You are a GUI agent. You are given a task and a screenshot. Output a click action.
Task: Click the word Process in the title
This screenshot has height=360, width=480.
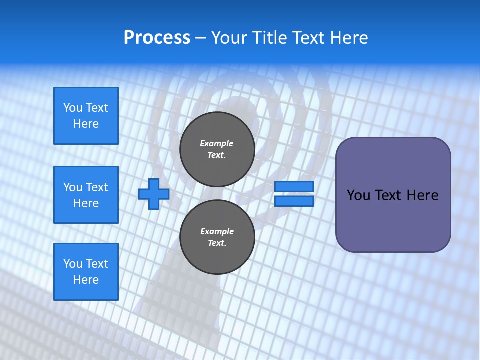point(157,38)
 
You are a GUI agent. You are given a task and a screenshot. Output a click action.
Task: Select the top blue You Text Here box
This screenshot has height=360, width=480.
point(86,116)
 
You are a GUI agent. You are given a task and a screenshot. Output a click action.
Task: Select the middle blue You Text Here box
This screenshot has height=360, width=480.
point(86,195)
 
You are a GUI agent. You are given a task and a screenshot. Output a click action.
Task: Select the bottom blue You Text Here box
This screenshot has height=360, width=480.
point(86,272)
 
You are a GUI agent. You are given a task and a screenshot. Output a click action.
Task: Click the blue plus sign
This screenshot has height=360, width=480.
point(154,194)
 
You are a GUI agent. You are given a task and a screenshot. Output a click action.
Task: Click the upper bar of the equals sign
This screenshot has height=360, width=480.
point(294,186)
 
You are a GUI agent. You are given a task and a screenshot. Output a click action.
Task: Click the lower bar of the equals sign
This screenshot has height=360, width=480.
point(294,201)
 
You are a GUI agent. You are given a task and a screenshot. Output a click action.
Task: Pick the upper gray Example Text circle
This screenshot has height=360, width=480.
point(217,149)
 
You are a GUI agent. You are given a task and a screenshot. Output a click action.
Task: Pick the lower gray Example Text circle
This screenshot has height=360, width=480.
point(217,237)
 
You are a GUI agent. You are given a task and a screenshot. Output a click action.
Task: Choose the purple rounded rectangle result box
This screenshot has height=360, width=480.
point(393,195)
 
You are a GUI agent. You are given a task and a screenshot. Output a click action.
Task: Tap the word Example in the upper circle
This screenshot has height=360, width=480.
point(217,143)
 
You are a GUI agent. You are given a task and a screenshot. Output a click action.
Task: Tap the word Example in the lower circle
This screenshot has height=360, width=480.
point(217,231)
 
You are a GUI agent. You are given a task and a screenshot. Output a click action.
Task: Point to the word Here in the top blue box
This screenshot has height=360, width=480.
point(86,124)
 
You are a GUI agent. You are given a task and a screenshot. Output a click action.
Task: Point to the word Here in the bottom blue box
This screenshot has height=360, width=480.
point(86,280)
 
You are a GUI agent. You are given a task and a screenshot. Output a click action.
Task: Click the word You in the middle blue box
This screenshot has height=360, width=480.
point(72,187)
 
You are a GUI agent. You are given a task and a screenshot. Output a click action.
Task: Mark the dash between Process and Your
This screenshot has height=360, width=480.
point(200,38)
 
